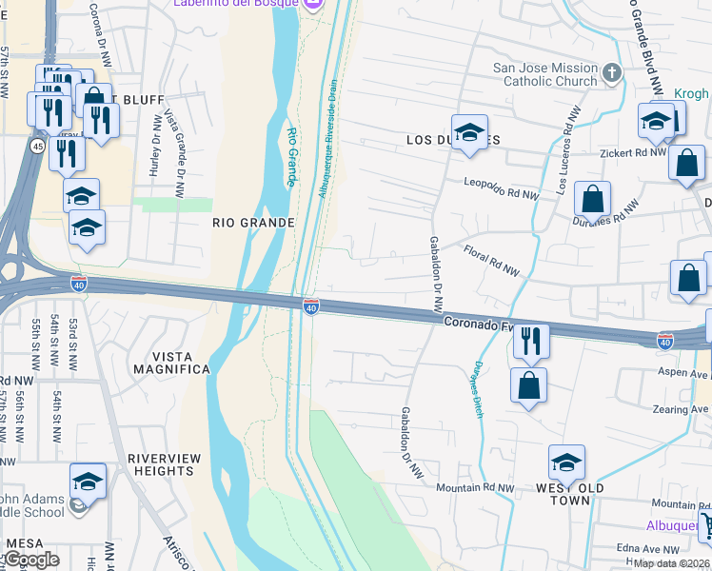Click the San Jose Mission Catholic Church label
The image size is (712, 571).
click(x=545, y=74)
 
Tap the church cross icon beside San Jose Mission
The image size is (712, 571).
click(x=611, y=71)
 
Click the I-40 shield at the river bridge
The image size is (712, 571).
click(x=310, y=305)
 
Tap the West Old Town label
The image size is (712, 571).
click(x=569, y=494)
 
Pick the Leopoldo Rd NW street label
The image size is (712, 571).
click(x=501, y=188)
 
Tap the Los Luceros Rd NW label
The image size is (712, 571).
click(x=567, y=150)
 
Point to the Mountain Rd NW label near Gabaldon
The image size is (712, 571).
click(x=474, y=487)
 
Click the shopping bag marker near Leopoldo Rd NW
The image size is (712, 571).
click(x=592, y=199)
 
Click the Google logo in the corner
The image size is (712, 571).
click(x=30, y=560)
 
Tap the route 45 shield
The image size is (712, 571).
click(x=36, y=146)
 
